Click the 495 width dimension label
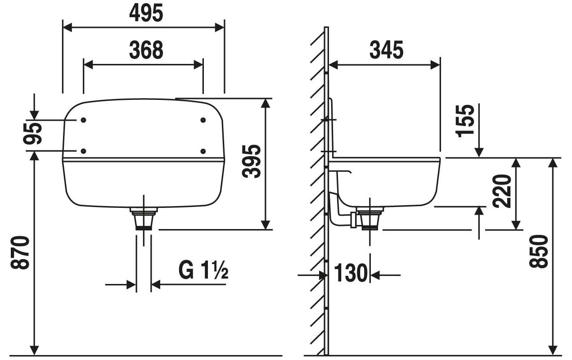(x=146, y=13)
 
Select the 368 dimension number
(x=146, y=50)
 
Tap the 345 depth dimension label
(x=386, y=50)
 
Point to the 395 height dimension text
(x=252, y=161)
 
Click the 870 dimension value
(x=20, y=253)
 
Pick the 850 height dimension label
(x=538, y=252)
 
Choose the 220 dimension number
(x=502, y=192)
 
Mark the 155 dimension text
(x=465, y=121)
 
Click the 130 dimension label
(x=351, y=273)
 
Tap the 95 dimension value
(x=32, y=134)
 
